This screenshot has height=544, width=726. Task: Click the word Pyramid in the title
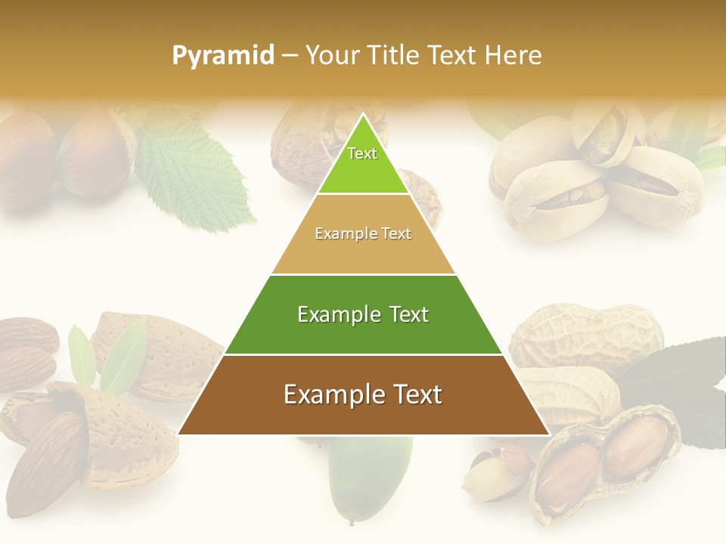(223, 55)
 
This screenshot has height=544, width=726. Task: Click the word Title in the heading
(396, 55)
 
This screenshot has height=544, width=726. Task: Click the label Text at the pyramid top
(362, 153)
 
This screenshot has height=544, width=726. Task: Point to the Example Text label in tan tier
(363, 233)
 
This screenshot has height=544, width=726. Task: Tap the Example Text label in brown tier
(363, 394)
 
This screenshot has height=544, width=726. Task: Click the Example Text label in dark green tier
(363, 314)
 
